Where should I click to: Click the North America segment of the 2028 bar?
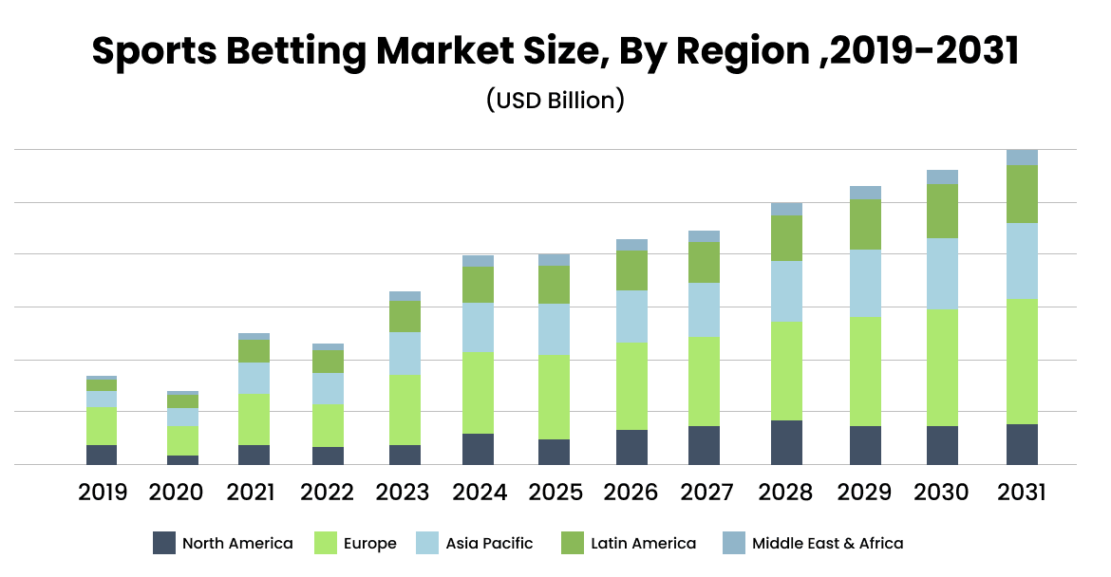786,442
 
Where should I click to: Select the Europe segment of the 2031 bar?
1023,362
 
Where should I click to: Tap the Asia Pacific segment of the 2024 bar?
478,327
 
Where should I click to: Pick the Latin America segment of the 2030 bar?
942,211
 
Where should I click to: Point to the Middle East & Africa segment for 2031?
1023,158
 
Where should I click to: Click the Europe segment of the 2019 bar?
102,426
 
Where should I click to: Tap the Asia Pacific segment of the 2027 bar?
704,310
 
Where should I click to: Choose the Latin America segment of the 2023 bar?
405,316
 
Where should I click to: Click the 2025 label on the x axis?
554,493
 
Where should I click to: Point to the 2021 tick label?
251,493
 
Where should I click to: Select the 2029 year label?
865,493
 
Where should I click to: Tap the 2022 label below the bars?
327,493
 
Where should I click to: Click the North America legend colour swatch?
164,544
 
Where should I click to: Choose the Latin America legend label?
643,544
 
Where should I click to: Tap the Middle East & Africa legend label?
827,544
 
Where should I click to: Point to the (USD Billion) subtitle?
555,100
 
